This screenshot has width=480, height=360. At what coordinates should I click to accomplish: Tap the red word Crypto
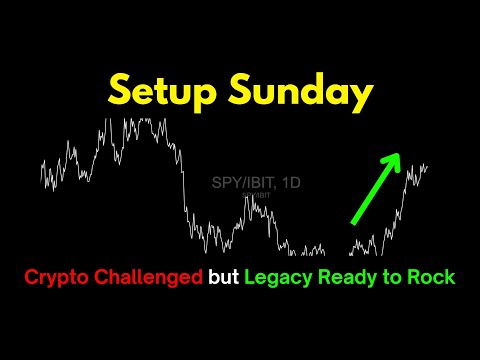(56, 275)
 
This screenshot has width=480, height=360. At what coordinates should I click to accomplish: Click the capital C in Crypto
(31, 275)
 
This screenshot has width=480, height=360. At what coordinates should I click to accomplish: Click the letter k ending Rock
(448, 275)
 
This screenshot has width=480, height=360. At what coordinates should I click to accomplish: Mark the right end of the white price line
(428, 166)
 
